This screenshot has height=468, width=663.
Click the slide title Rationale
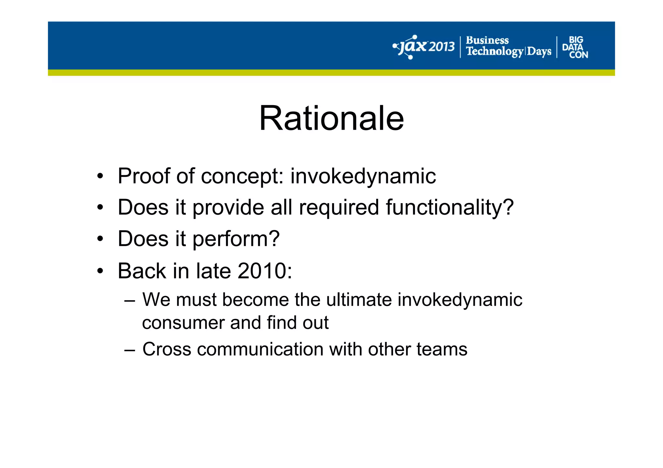331,118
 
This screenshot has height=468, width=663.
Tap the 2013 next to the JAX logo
442,47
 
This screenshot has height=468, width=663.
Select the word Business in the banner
487,40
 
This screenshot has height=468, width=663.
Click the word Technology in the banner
494,51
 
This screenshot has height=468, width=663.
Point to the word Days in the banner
539,51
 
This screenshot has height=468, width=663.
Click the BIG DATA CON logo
575,47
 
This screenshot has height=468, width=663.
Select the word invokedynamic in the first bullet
363,176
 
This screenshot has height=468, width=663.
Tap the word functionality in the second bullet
449,207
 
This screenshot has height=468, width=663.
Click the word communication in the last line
260,349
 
